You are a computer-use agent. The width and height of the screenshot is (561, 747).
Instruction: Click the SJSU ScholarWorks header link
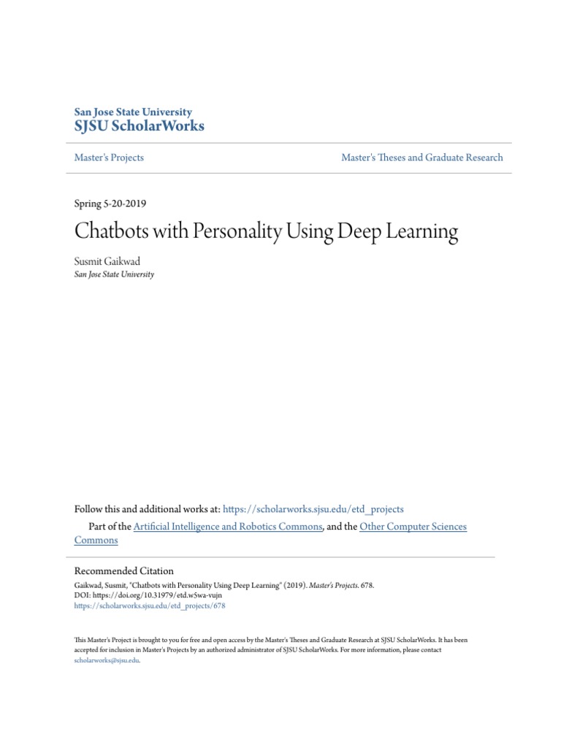pos(140,126)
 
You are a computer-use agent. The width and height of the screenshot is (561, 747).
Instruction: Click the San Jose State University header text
pos(133,112)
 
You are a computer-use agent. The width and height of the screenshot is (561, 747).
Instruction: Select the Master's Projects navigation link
pos(109,158)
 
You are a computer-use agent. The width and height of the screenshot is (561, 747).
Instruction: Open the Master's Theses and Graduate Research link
pos(421,158)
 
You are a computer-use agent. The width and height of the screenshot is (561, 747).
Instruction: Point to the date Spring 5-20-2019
pos(110,204)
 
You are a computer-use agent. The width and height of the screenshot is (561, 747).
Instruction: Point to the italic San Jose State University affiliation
pos(114,275)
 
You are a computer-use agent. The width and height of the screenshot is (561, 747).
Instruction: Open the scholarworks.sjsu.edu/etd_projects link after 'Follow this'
pos(313,509)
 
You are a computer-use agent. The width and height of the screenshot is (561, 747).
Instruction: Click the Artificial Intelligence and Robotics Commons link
pos(228,527)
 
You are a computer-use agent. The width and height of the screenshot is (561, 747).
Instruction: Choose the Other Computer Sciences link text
pos(413,527)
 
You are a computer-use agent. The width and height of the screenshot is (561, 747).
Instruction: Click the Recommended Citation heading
pos(124,570)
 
